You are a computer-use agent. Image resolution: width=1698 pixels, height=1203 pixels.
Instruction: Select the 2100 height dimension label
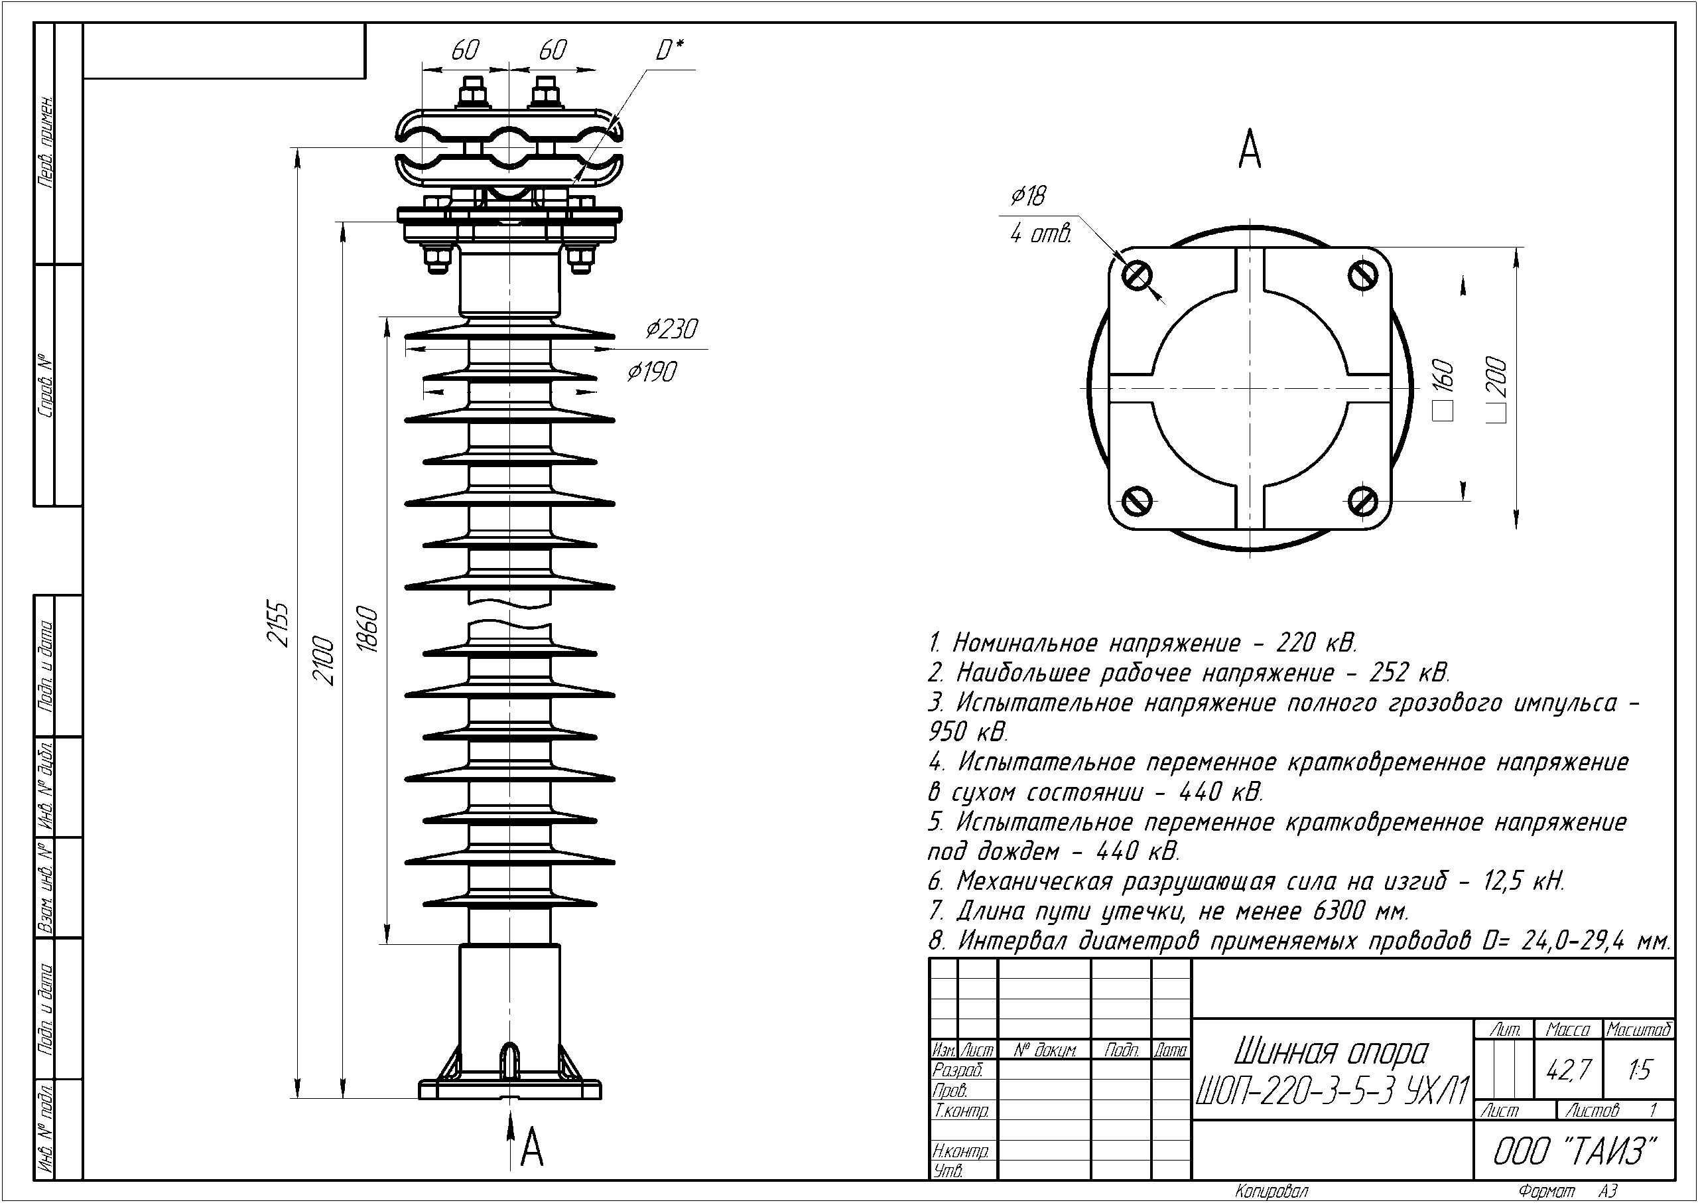pyautogui.click(x=324, y=660)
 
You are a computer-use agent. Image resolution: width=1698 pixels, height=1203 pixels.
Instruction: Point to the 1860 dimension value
pyautogui.click(x=369, y=630)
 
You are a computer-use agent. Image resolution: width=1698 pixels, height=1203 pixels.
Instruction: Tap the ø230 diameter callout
pyautogui.click(x=671, y=329)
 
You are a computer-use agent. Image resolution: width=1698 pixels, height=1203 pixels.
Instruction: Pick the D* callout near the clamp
pyautogui.click(x=669, y=50)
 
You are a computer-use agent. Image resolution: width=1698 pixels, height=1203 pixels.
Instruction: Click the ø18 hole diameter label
pyautogui.click(x=1029, y=196)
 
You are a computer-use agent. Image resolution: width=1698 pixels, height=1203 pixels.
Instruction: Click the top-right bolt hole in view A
pyautogui.click(x=1362, y=275)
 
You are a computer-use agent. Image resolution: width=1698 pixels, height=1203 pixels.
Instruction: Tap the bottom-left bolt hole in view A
pyautogui.click(x=1137, y=502)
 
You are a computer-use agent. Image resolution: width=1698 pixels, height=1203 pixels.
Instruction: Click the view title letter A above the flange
pyautogui.click(x=1249, y=150)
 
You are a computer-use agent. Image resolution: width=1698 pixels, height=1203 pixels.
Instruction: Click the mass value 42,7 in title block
pyautogui.click(x=1568, y=1070)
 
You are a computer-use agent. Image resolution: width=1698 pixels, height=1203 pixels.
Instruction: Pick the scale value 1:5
pyautogui.click(x=1640, y=1070)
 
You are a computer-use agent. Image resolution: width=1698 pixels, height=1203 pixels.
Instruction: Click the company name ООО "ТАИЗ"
pyautogui.click(x=1573, y=1151)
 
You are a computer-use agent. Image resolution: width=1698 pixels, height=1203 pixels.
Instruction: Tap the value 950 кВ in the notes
pyautogui.click(x=968, y=732)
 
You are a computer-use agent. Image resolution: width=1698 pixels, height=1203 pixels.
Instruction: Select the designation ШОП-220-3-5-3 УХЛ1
pyautogui.click(x=1331, y=1090)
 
